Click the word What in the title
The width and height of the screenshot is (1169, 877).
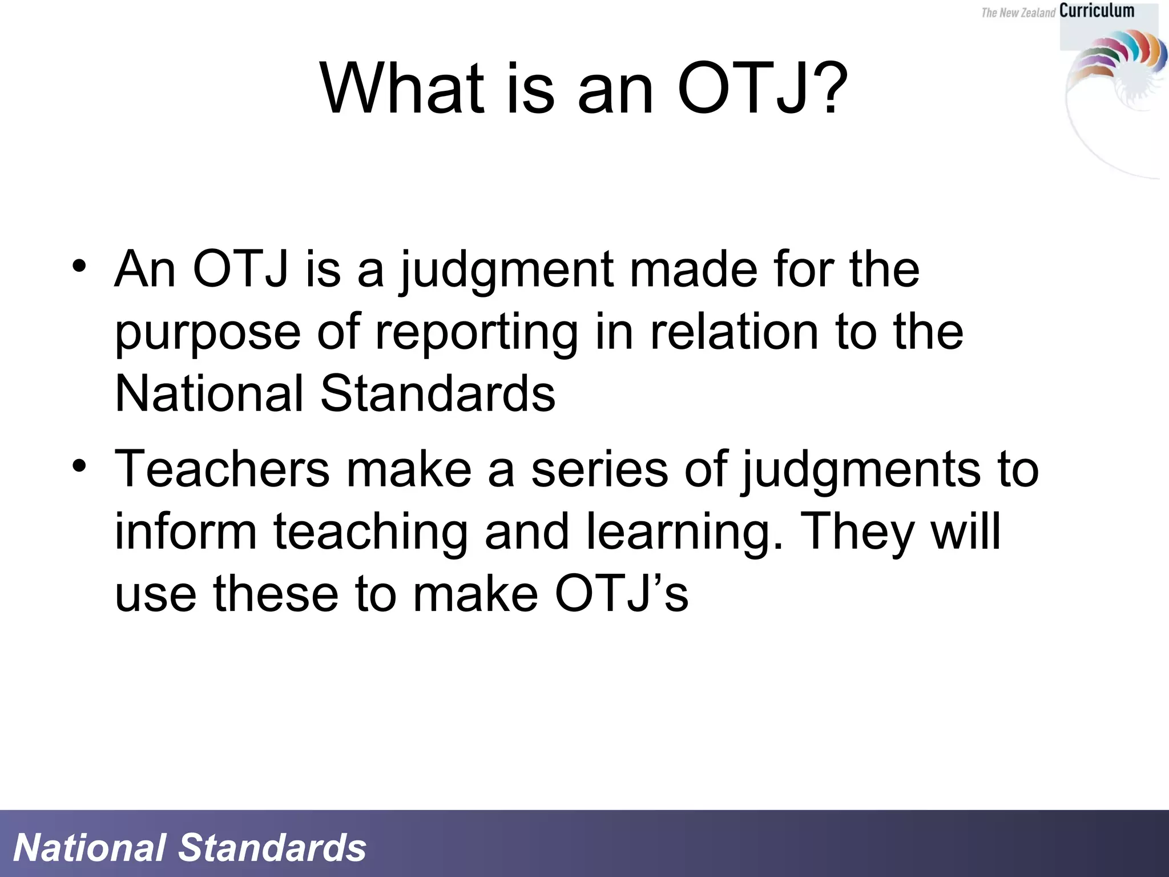(402, 90)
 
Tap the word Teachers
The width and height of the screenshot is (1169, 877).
(222, 469)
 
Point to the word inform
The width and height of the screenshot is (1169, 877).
(186, 532)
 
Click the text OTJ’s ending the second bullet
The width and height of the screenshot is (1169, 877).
(622, 594)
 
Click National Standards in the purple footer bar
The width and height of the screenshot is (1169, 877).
(190, 848)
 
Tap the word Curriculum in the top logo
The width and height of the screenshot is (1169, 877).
(1097, 11)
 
